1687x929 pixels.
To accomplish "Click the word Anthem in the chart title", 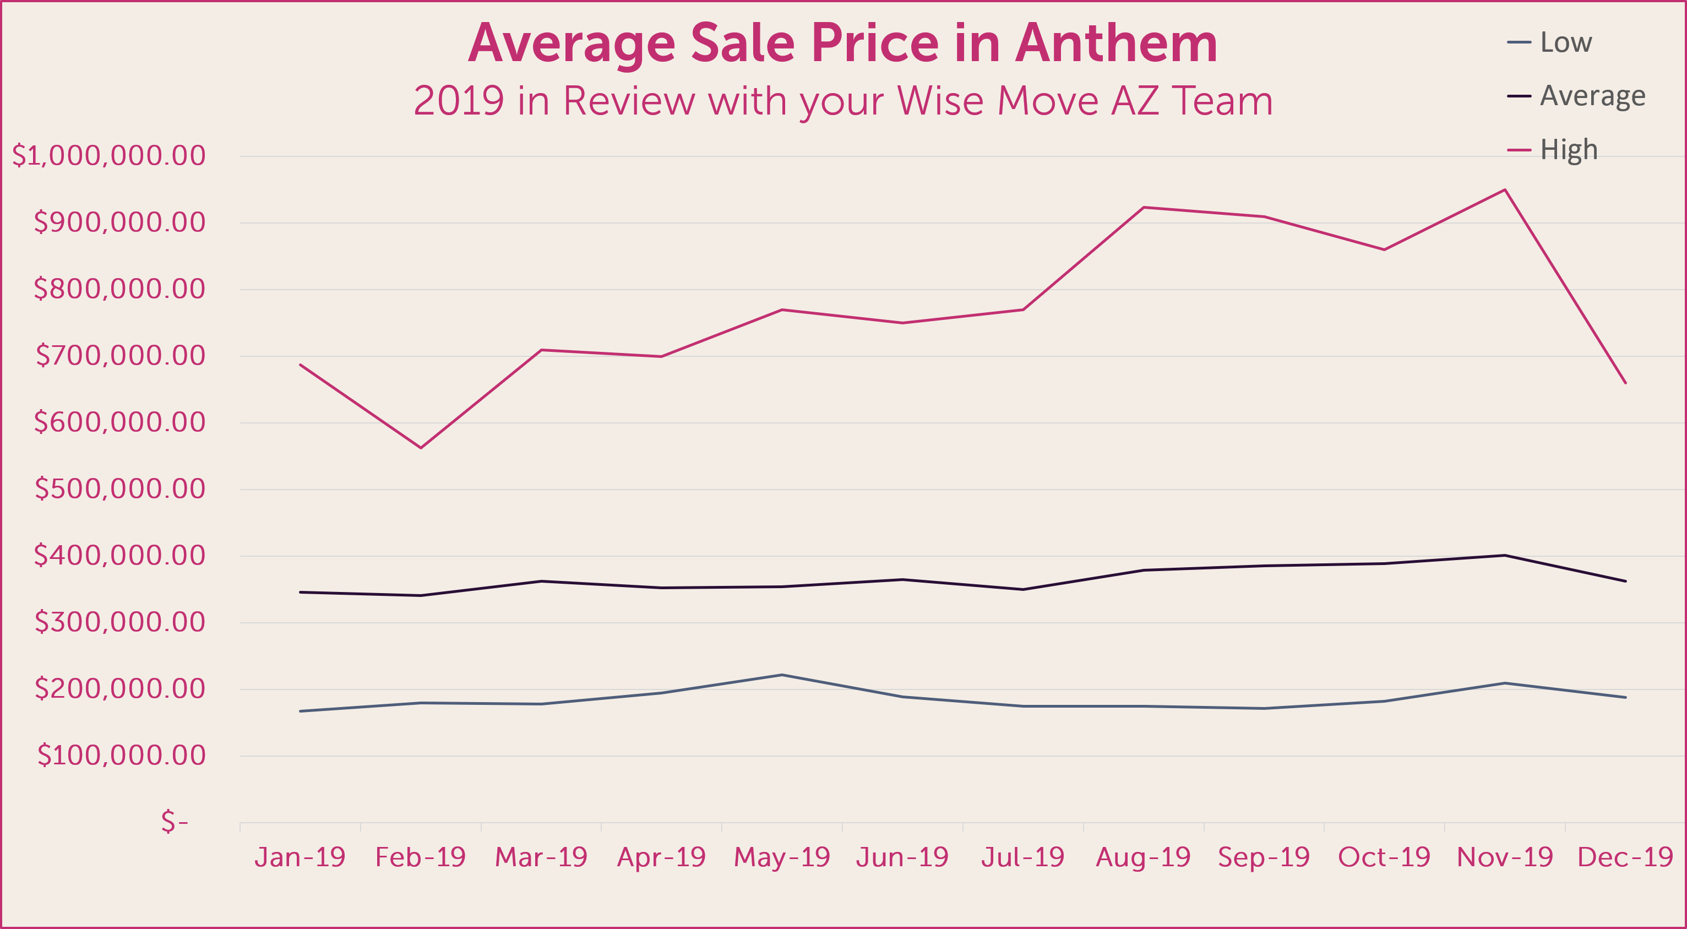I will [x=1116, y=44].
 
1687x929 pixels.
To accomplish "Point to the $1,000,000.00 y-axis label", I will [x=108, y=156].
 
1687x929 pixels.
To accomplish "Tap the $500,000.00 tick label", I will [x=120, y=489].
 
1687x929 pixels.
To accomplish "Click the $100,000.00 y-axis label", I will [x=121, y=756].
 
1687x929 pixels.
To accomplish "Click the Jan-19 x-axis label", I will [x=300, y=857].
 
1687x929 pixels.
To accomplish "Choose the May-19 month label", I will [x=782, y=857].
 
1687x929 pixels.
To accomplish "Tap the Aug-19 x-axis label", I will [x=1144, y=857].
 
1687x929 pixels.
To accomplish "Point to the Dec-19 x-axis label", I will [x=1625, y=857].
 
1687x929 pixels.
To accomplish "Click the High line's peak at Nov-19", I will [x=1505, y=190].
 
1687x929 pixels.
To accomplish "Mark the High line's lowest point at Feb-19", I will [x=421, y=448].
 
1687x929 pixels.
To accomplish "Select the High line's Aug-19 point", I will [x=1144, y=207].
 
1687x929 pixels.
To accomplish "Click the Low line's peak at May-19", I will [x=782, y=675].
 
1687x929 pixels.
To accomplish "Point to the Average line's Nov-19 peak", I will [x=1505, y=556].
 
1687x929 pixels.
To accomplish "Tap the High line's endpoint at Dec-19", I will [x=1625, y=383].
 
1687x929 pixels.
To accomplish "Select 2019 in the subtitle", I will [x=459, y=101].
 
